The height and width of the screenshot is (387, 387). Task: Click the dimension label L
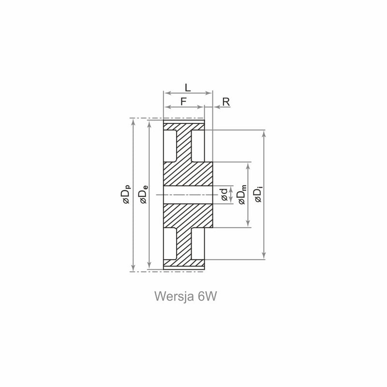(x=188, y=88)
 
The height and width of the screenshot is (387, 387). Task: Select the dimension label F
(x=183, y=102)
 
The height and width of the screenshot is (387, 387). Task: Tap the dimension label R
(x=226, y=102)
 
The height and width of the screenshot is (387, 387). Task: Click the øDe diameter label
(x=143, y=194)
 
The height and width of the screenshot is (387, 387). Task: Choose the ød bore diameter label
(x=224, y=194)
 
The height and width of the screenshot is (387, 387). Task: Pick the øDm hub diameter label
(x=242, y=194)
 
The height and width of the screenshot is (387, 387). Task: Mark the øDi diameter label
(x=258, y=195)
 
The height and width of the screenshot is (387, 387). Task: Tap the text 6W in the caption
(x=207, y=296)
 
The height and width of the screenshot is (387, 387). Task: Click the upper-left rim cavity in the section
(x=170, y=146)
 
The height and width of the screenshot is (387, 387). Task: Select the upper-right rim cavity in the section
(x=198, y=146)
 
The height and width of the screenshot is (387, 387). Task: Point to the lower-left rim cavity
(x=170, y=244)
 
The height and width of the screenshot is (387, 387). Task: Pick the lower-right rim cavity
(x=198, y=244)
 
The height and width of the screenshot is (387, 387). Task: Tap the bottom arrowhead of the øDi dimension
(x=264, y=256)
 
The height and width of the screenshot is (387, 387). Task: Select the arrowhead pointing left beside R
(x=216, y=107)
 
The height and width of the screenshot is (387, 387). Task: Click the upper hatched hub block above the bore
(x=188, y=174)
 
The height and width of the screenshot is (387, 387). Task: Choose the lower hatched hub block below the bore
(x=188, y=216)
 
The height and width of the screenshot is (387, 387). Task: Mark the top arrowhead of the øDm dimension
(x=248, y=165)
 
